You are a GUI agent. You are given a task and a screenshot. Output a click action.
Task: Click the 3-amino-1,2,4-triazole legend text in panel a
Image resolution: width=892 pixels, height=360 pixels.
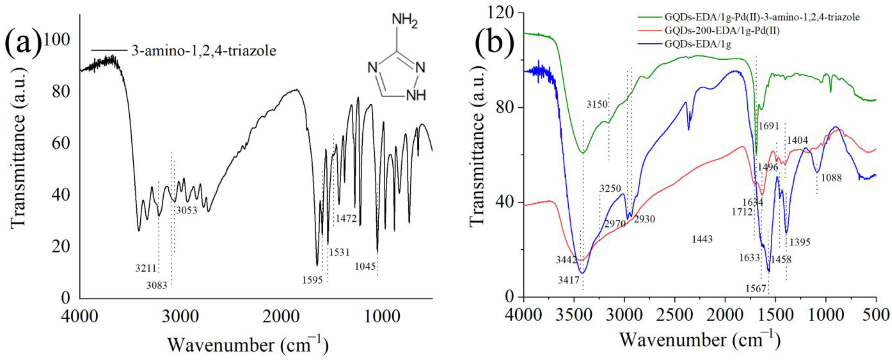click(x=204, y=51)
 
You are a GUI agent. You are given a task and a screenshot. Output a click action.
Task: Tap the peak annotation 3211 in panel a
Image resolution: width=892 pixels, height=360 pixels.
click(x=146, y=268)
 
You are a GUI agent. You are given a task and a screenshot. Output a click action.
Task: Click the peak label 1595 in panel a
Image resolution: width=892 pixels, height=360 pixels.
click(x=312, y=280)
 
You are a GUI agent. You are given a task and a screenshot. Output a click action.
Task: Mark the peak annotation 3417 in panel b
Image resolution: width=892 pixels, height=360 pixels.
click(x=569, y=280)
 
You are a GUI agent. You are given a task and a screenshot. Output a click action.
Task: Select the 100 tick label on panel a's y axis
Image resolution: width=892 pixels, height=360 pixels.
click(x=57, y=40)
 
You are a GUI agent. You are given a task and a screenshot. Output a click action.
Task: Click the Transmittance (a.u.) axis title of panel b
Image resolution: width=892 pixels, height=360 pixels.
click(x=477, y=154)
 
